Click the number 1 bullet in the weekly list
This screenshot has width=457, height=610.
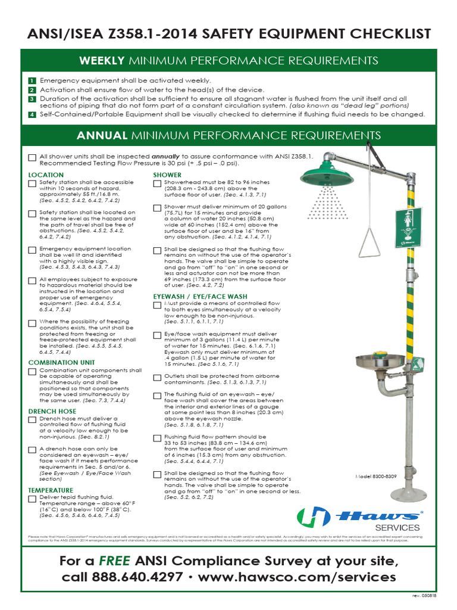(x=32, y=80)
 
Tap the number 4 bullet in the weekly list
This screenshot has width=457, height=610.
(x=32, y=114)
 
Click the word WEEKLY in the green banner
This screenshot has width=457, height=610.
(x=102, y=61)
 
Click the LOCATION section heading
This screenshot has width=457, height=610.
(x=46, y=175)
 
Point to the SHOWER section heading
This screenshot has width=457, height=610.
(x=167, y=175)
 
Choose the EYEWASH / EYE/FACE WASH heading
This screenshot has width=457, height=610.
(x=200, y=296)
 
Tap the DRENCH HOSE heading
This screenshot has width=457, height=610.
(x=52, y=412)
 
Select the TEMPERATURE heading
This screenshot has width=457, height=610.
(x=51, y=490)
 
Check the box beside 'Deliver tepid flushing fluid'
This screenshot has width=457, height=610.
(x=32, y=499)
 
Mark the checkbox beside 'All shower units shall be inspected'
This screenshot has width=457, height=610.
(x=32, y=157)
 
